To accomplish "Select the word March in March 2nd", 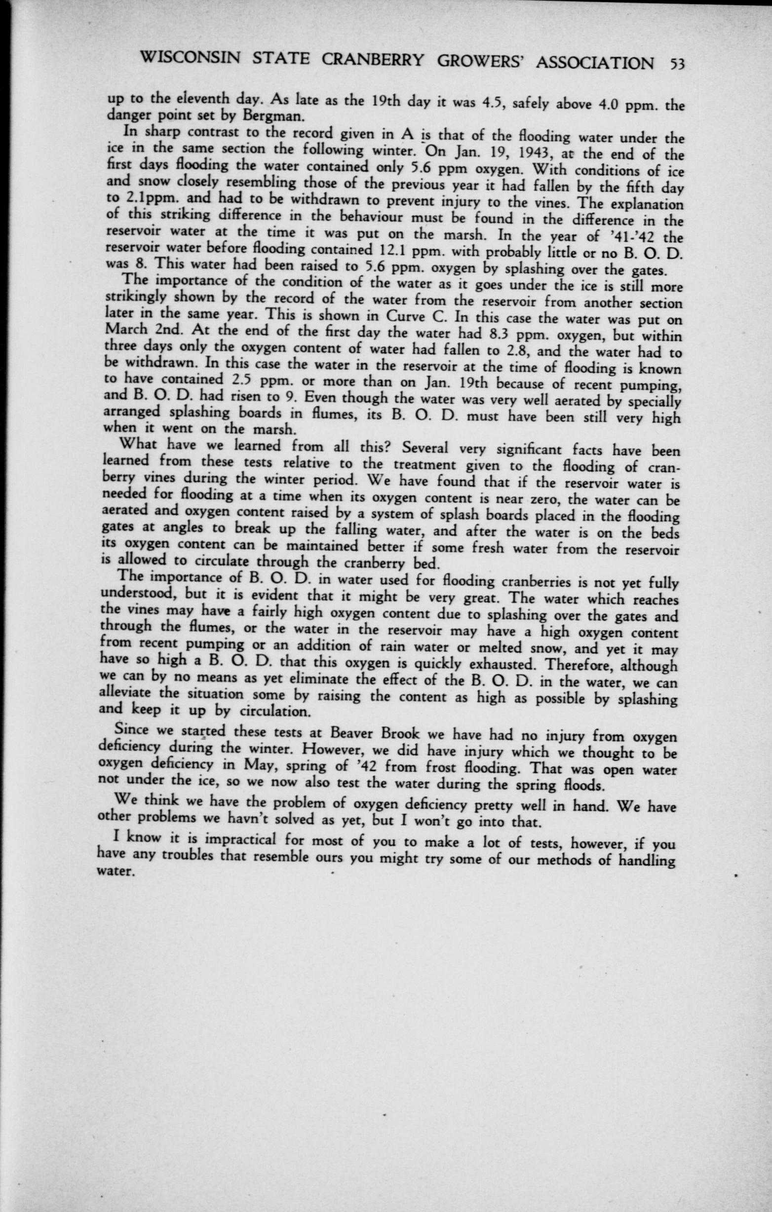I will tap(124, 330).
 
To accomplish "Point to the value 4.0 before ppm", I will tap(580, 107).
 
